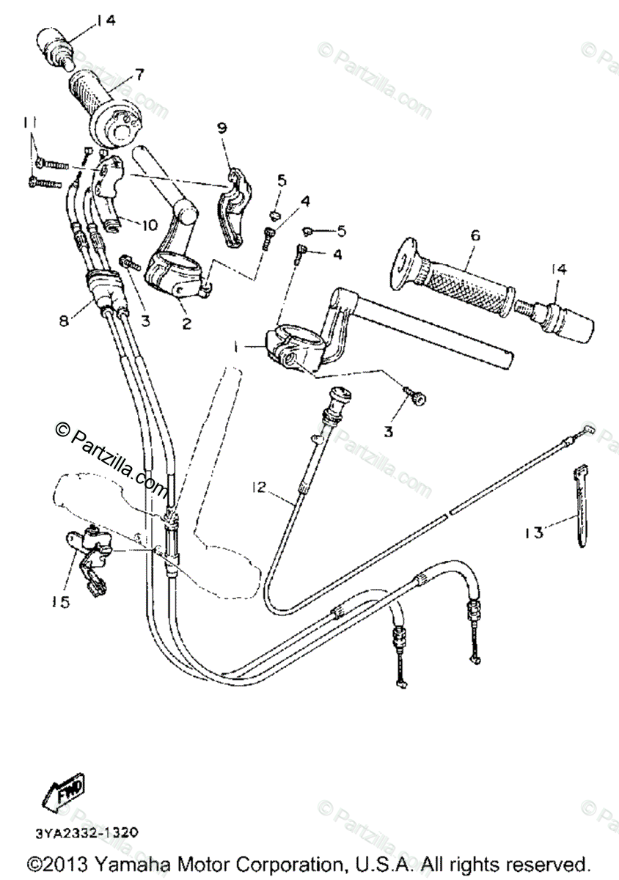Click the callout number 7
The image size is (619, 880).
pos(139,73)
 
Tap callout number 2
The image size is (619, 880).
pos(186,323)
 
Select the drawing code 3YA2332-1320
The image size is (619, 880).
pos(86,833)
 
